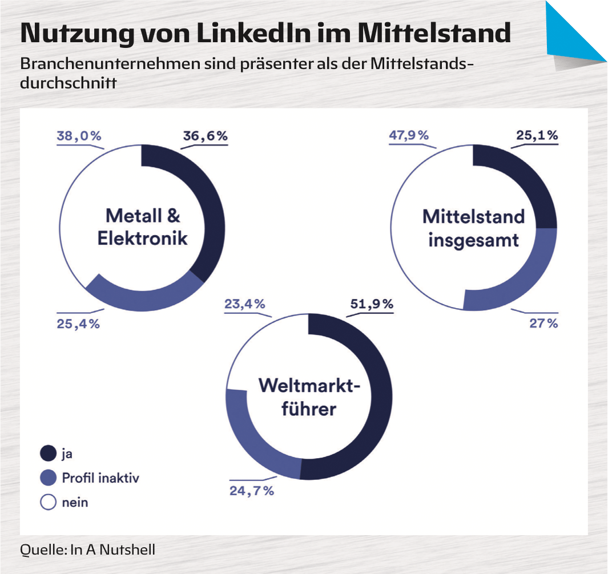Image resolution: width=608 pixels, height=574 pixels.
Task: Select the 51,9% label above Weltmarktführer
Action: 371,304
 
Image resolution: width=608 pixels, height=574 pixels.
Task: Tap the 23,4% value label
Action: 243,304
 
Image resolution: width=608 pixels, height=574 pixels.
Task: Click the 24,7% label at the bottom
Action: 252,490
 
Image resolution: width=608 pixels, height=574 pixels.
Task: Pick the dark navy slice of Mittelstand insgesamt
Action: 531,183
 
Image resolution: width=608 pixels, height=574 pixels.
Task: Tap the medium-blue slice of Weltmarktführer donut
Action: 251,439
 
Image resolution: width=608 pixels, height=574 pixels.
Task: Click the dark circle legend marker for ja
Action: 49,454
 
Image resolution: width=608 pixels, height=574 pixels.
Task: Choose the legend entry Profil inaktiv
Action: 100,478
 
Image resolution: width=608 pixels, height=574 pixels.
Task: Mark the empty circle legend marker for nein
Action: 49,502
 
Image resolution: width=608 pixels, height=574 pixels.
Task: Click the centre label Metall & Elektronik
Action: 142,227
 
